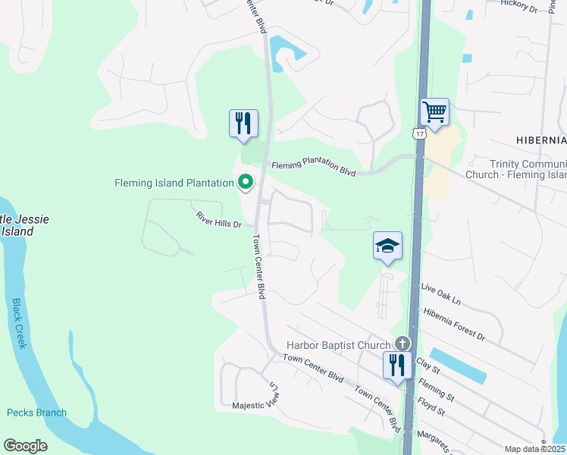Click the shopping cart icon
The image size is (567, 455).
pos(435,113)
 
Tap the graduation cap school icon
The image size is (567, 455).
pos(387,246)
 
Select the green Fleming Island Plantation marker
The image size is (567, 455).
pos(246,182)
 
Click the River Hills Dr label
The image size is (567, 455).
pos(218,224)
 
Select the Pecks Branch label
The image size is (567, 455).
pos(36,413)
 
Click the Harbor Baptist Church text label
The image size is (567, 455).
pos(337,346)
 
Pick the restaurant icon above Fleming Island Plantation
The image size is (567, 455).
pos(243,124)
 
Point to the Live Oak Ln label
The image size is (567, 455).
pos(440,293)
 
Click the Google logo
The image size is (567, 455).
pos(25,446)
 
